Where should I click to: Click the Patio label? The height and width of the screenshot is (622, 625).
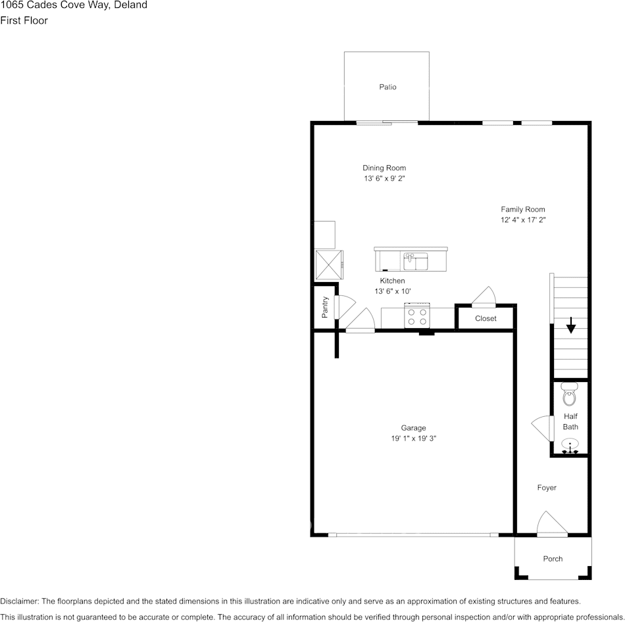point(387,87)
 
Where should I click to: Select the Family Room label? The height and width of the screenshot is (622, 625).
point(523,210)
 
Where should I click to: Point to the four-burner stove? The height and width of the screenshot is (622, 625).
point(416,315)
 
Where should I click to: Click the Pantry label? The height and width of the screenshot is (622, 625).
point(325,307)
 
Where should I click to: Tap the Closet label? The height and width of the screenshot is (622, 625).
point(486,318)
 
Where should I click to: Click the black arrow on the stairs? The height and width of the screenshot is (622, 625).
point(571,324)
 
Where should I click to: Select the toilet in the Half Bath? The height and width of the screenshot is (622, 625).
point(570,396)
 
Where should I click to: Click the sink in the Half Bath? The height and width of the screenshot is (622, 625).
point(570,445)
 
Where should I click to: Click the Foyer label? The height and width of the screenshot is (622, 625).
point(547,488)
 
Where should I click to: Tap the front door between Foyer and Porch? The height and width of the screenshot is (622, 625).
point(551,525)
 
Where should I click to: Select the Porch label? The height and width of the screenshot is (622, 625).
point(553,559)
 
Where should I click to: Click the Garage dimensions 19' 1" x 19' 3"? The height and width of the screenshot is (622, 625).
point(414,439)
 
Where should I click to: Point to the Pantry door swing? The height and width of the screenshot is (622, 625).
point(345,306)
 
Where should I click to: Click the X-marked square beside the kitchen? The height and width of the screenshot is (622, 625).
point(329,264)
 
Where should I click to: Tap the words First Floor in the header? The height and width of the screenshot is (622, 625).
point(24,20)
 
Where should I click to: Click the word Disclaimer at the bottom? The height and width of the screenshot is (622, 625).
point(19,601)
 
